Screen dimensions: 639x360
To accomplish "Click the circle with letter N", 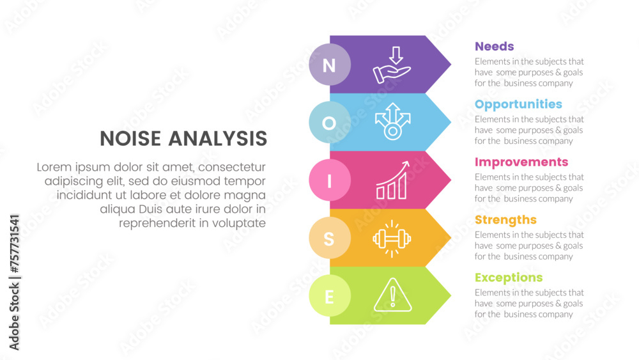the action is tap(330, 65).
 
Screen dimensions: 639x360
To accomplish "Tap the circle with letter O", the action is tap(330, 122).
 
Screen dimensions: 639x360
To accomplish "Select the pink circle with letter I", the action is tap(330, 180).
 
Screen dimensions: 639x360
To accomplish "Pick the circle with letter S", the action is tap(330, 238).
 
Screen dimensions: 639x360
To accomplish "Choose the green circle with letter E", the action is tap(330, 295).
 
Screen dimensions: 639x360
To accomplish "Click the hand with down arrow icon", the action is tap(392, 65).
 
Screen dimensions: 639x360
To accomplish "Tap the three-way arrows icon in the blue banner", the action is tap(392, 121).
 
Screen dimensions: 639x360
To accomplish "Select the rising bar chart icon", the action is tap(392, 180).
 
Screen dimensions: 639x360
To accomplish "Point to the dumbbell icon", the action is tap(392, 239).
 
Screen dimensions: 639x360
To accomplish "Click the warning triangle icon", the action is tap(392, 295).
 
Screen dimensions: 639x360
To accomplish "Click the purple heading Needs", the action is tap(495, 47).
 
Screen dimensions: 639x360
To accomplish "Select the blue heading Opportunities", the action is tap(518, 105).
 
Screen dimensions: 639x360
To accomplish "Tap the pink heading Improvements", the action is tap(521, 162).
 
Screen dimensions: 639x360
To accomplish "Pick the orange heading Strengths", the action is tap(505, 220).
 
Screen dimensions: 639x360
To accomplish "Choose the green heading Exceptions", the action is tap(509, 278).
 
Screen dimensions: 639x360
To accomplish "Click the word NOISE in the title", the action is tap(130, 139).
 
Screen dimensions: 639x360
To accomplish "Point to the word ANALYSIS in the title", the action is tap(218, 139).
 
